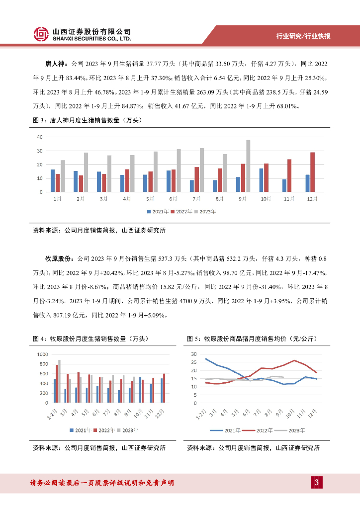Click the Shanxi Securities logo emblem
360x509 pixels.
click(42, 34)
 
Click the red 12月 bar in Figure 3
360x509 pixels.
click(312, 172)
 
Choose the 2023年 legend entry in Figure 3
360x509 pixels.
click(206, 211)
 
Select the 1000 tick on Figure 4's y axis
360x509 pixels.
click(43, 354)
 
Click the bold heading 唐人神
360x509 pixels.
click(55, 64)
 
